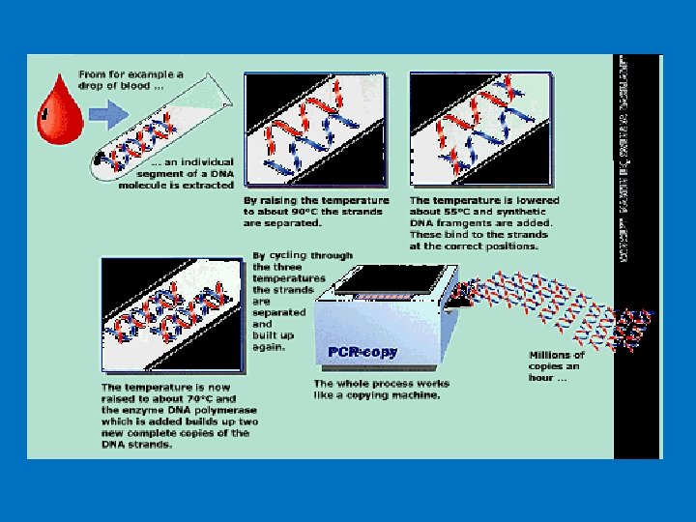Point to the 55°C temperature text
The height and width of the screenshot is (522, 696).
(460, 211)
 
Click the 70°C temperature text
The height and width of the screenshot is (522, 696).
(199, 398)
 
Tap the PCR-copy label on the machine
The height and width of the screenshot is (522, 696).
(362, 352)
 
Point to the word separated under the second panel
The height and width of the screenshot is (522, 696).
(290, 222)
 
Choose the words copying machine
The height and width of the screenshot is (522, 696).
(389, 394)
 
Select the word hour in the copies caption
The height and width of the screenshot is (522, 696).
(542, 378)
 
